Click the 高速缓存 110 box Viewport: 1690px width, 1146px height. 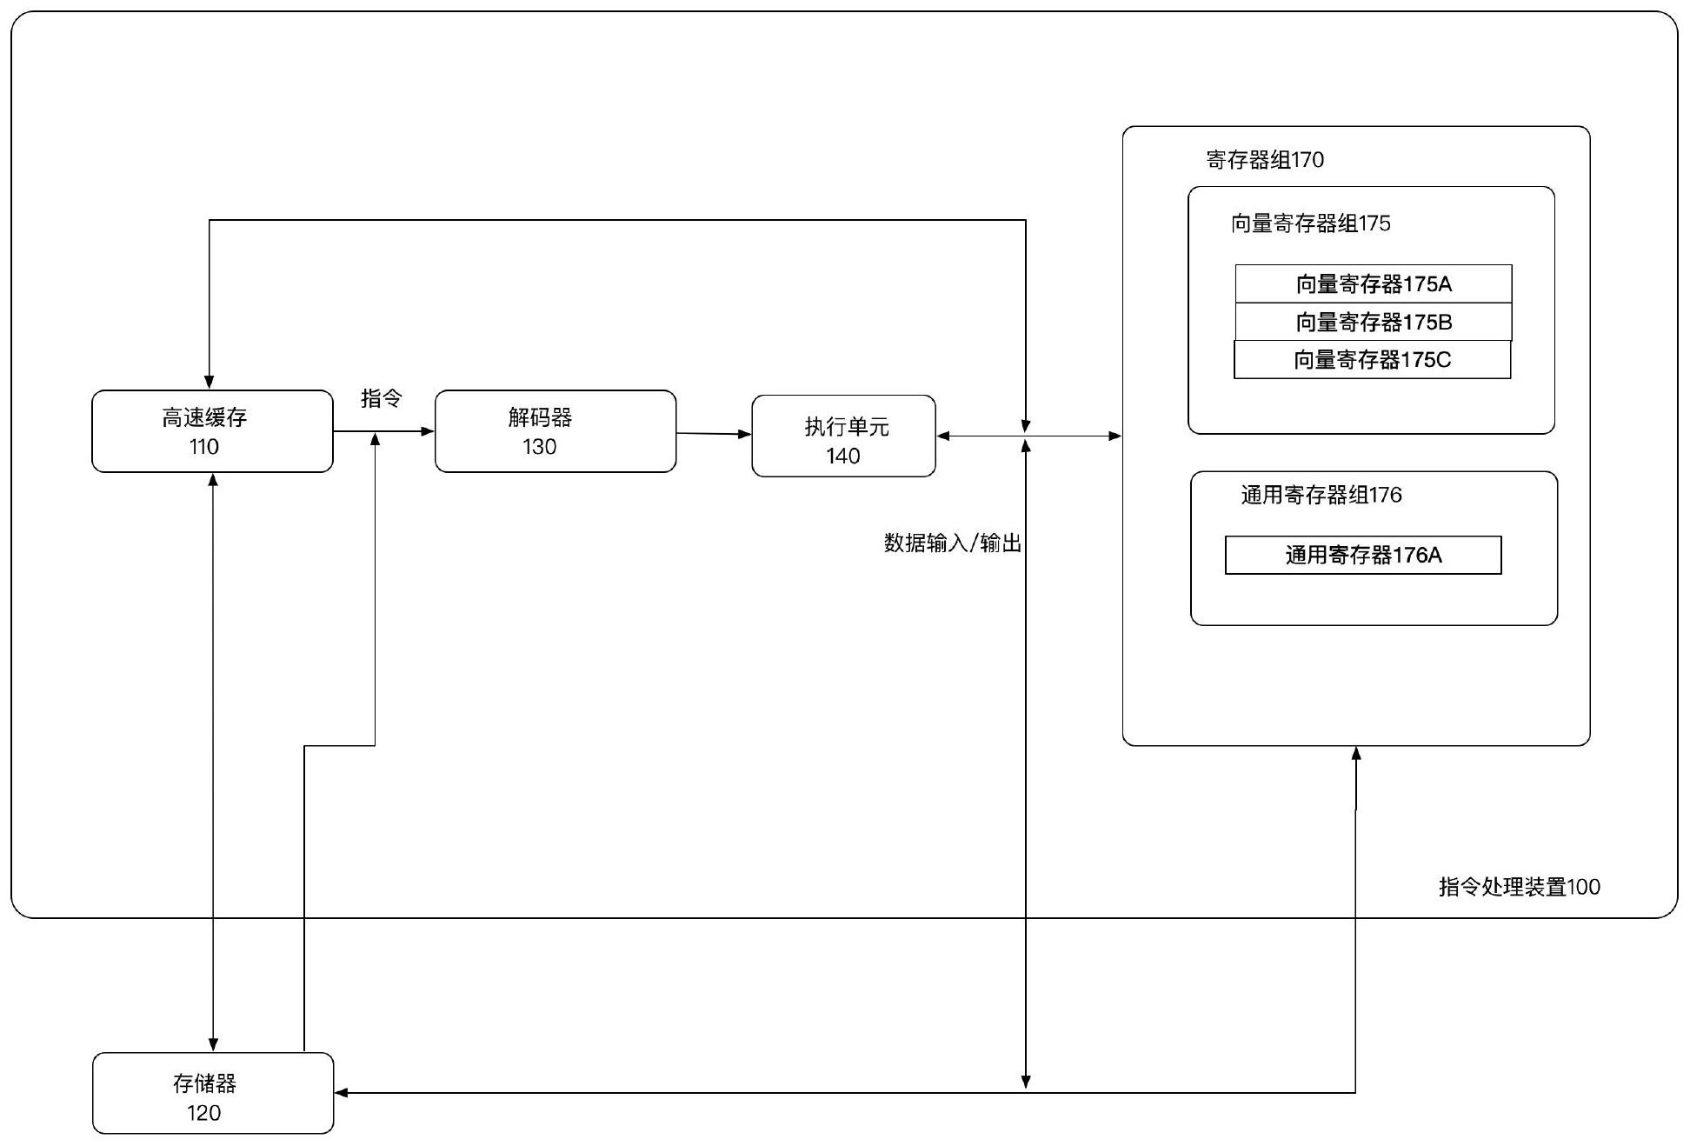click(212, 431)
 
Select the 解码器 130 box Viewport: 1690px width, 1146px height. click(555, 431)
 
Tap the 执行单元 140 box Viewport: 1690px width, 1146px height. click(843, 436)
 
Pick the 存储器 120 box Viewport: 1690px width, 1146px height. click(212, 1093)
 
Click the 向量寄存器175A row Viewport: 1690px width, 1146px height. click(1373, 284)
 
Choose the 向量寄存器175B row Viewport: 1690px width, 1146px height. click(1373, 322)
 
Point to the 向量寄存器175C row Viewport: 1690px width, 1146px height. click(1372, 360)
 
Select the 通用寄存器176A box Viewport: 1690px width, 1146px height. click(1362, 555)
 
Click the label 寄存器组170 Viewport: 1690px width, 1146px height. click(1265, 160)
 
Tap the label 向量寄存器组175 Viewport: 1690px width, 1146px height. click(1310, 223)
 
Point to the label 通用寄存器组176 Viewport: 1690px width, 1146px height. click(1321, 495)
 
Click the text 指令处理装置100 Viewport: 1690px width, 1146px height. click(1519, 887)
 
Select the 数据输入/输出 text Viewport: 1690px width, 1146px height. click(952, 543)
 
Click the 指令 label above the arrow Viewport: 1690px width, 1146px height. click(382, 398)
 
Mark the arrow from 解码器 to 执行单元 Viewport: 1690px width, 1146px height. click(713, 433)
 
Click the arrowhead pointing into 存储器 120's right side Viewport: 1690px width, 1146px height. click(342, 1093)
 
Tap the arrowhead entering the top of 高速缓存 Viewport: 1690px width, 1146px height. click(210, 382)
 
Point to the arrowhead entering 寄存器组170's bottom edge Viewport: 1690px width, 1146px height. click(1356, 754)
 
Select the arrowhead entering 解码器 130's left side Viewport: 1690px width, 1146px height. click(427, 431)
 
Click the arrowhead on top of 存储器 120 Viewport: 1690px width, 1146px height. click(213, 1044)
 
